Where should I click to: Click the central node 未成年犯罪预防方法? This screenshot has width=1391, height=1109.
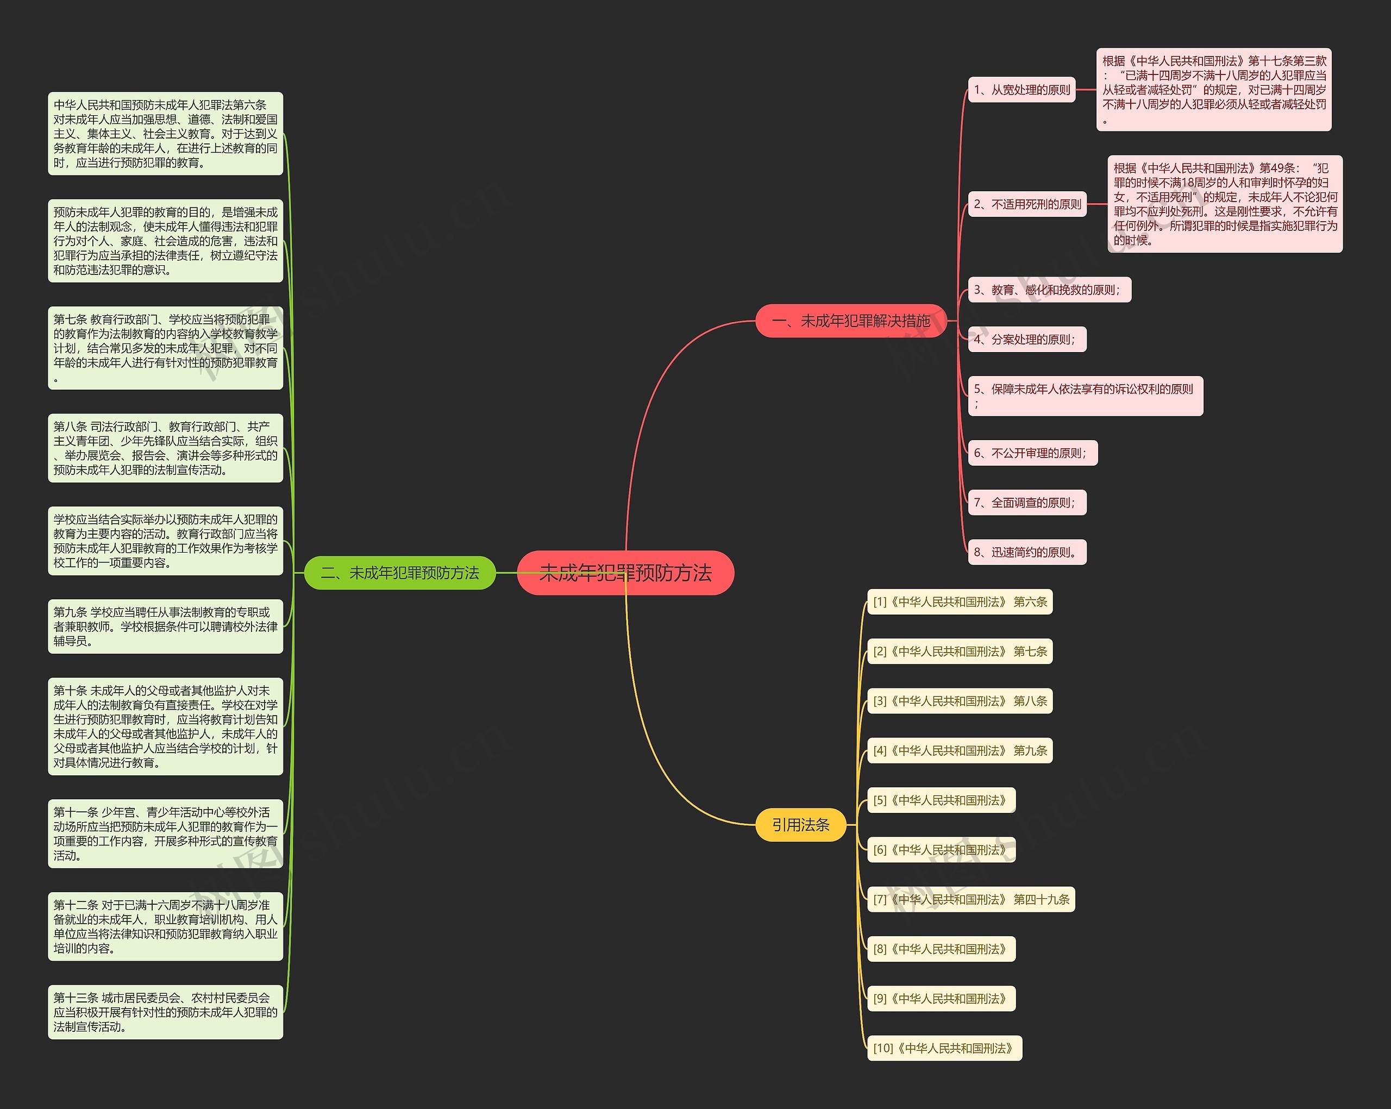625,573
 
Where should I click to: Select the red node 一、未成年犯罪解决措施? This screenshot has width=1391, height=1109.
850,321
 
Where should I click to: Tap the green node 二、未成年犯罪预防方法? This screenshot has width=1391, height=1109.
399,573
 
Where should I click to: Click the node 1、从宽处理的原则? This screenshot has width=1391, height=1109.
1022,90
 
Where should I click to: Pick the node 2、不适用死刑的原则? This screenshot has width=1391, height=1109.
1027,204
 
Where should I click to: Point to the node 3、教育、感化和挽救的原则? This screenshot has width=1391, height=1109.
1049,290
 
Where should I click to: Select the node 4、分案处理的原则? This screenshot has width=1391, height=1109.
1027,340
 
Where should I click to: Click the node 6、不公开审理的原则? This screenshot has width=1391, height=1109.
1032,453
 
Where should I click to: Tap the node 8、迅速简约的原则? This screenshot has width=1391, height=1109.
1027,552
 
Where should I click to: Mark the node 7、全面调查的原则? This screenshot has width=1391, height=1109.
1027,503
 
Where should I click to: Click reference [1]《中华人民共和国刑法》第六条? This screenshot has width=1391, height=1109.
960,602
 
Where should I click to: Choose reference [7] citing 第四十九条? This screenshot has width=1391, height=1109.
970,899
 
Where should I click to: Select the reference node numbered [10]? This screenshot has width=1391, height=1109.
944,1048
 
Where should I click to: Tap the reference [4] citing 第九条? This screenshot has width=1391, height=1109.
960,750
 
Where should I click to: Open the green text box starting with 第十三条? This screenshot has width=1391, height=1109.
165,1012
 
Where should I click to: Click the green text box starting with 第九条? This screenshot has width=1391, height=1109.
165,626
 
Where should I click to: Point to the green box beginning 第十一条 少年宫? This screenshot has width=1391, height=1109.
165,834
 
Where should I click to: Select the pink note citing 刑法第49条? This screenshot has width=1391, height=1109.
1225,204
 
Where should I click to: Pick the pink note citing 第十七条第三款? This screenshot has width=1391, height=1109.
1213,90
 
